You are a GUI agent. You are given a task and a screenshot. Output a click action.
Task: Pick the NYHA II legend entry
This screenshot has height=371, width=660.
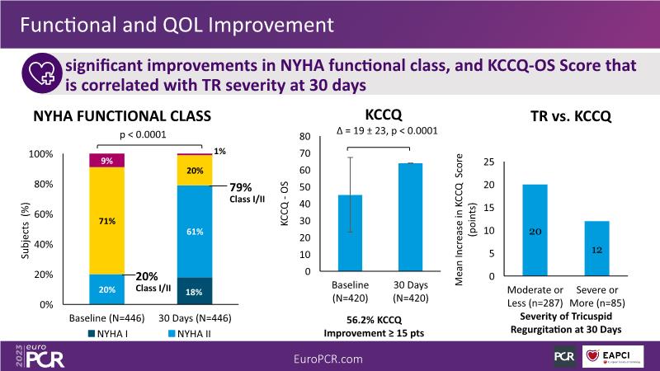click(191, 334)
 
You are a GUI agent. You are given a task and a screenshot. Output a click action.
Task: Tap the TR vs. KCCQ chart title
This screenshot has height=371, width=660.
click(569, 116)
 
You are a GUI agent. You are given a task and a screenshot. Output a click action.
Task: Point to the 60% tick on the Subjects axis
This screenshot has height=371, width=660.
click(42, 214)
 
